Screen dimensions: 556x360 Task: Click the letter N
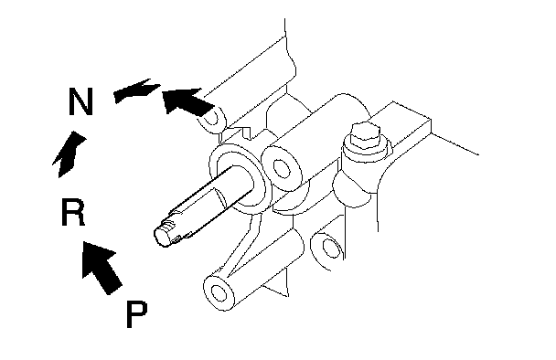pyautogui.click(x=80, y=101)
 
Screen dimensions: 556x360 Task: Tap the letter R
pyautogui.click(x=73, y=212)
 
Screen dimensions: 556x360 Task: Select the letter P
pyautogui.click(x=136, y=314)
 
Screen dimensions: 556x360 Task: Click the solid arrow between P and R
pyautogui.click(x=101, y=267)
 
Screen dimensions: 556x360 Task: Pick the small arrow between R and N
pyautogui.click(x=69, y=154)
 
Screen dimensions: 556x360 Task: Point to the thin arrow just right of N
pyautogui.click(x=136, y=91)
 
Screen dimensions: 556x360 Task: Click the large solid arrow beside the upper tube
pyautogui.click(x=187, y=101)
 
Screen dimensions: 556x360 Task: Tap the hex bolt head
pyautogui.click(x=365, y=135)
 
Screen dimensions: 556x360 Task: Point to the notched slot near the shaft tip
pyautogui.click(x=168, y=225)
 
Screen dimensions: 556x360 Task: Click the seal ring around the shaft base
pyautogui.click(x=237, y=177)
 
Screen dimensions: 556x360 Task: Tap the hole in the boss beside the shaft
pyautogui.click(x=282, y=169)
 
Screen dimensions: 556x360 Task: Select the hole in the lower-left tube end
pyautogui.click(x=219, y=293)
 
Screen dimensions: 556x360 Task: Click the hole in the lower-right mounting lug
pyautogui.click(x=331, y=248)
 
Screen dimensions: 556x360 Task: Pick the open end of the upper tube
pyautogui.click(x=211, y=118)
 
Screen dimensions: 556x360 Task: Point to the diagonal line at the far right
pyautogui.click(x=454, y=143)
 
